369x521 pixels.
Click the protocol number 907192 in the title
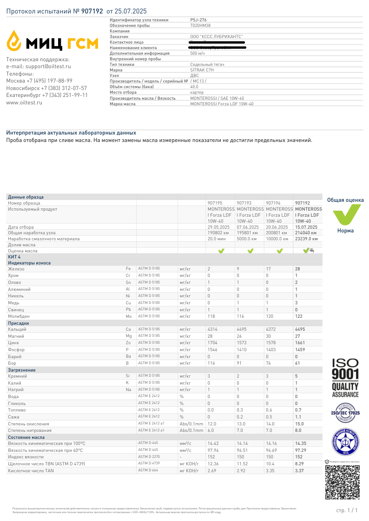pyautogui.click(x=92, y=10)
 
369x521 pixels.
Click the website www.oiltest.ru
pyautogui.click(x=24, y=103)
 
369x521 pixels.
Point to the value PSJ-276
pyautogui.click(x=198, y=20)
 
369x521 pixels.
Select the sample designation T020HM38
pyautogui.click(x=200, y=26)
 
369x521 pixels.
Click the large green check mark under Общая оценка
pyautogui.click(x=345, y=214)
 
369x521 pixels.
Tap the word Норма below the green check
pyautogui.click(x=345, y=231)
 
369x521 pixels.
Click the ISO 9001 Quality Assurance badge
pyautogui.click(x=345, y=378)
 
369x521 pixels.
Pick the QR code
pyautogui.click(x=342, y=482)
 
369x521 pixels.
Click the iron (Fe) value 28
pyautogui.click(x=297, y=269)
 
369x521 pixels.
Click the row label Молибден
pyautogui.click(x=19, y=316)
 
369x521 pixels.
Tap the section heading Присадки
pyautogui.click(x=19, y=323)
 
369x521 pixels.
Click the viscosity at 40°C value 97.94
pyautogui.click(x=213, y=450)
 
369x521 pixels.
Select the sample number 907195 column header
pyautogui.click(x=215, y=203)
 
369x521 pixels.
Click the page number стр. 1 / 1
pyautogui.click(x=347, y=510)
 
